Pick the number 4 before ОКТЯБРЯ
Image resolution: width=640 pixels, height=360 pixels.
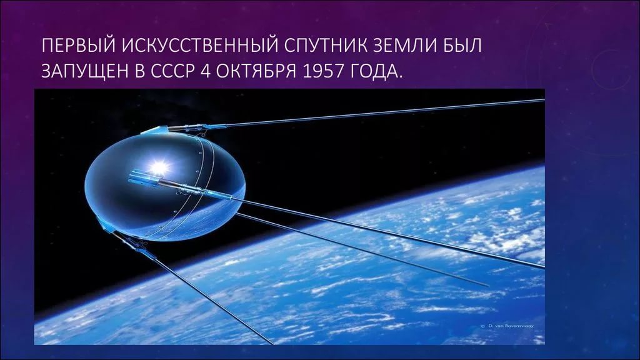(x=205, y=71)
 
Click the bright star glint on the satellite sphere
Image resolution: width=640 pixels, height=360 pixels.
(x=159, y=166)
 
